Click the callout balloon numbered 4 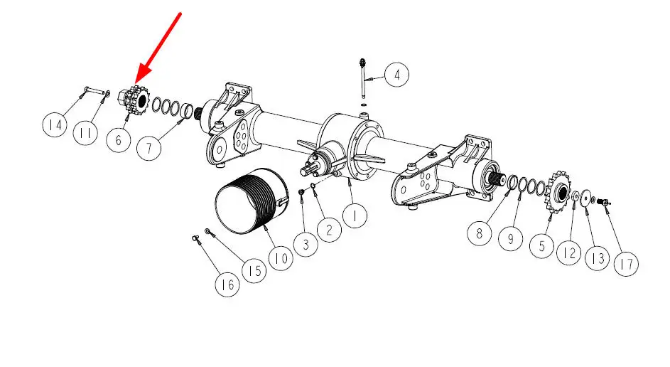pyautogui.click(x=397, y=75)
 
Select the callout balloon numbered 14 pyautogui.click(x=55, y=125)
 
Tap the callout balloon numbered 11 pyautogui.click(x=85, y=134)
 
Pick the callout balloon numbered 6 pyautogui.click(x=119, y=140)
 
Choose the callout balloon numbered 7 pyautogui.click(x=148, y=148)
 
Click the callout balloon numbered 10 pyautogui.click(x=281, y=258)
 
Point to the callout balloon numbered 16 pyautogui.click(x=227, y=284)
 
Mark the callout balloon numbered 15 pyautogui.click(x=254, y=270)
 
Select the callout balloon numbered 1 pyautogui.click(x=355, y=216)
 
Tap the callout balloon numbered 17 pyautogui.click(x=626, y=264)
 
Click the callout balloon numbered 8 pyautogui.click(x=480, y=233)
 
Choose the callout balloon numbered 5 pyautogui.click(x=542, y=246)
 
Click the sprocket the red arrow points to pyautogui.click(x=134, y=102)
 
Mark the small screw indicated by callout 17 pyautogui.click(x=604, y=201)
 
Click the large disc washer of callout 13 pyautogui.click(x=586, y=197)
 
